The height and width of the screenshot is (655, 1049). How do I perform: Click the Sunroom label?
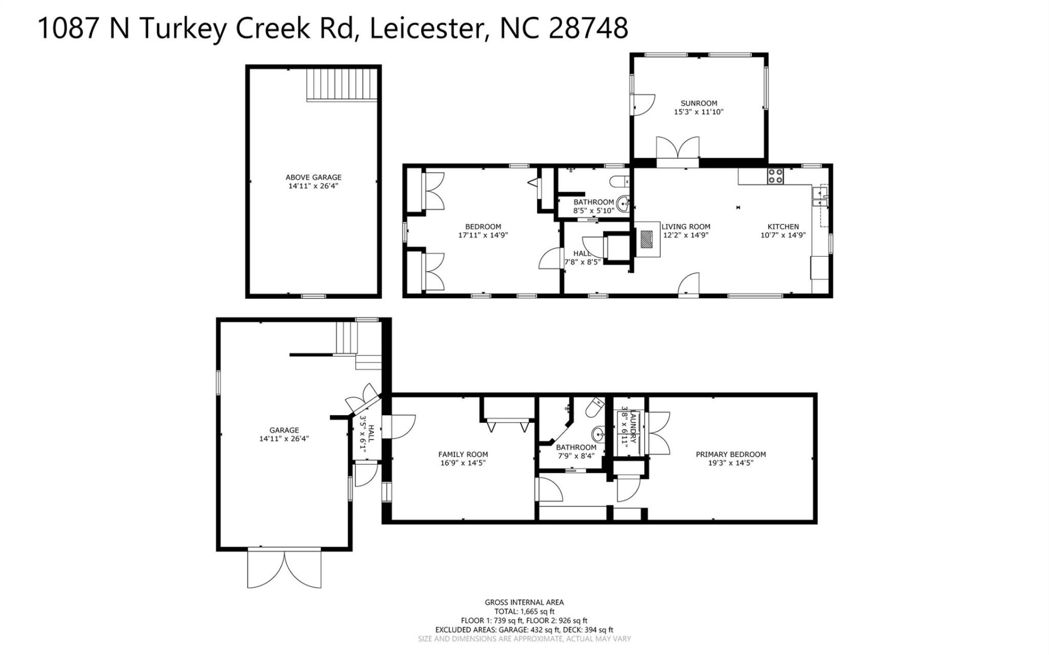pyautogui.click(x=698, y=103)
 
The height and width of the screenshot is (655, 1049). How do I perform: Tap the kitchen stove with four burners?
pyautogui.click(x=775, y=176)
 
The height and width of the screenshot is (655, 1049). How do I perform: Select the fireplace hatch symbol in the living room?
pyautogui.click(x=647, y=239)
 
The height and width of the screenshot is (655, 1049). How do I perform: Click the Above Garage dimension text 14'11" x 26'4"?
pyautogui.click(x=313, y=186)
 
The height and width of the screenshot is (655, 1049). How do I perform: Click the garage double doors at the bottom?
pyautogui.click(x=284, y=568)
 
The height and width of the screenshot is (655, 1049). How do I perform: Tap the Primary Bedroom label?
pyautogui.click(x=730, y=454)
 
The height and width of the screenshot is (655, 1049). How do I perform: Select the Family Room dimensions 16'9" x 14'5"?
pyautogui.click(x=463, y=463)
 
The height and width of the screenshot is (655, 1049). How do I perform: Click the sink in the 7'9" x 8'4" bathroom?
pyautogui.click(x=598, y=435)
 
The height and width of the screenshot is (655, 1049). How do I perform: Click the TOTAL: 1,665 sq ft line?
pyautogui.click(x=524, y=611)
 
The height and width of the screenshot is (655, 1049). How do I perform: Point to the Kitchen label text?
pyautogui.click(x=783, y=227)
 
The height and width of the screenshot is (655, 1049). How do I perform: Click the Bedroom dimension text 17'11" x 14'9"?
pyautogui.click(x=483, y=235)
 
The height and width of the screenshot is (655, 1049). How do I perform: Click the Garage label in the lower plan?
pyautogui.click(x=284, y=430)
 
